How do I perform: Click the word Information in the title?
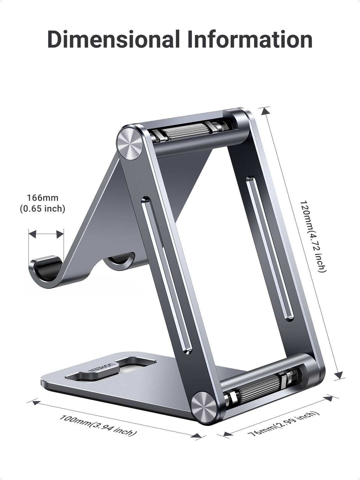pyautogui.click(x=250, y=40)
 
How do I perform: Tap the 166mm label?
pyautogui.click(x=43, y=198)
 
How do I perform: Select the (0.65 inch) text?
pyautogui.click(x=43, y=208)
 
